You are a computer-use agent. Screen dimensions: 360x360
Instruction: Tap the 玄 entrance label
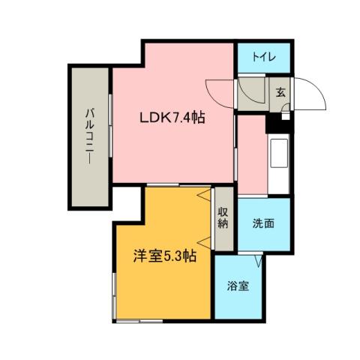tap(279, 92)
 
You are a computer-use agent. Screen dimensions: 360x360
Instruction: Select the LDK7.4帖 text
tap(172, 118)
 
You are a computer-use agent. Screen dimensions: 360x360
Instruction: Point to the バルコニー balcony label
tap(88, 136)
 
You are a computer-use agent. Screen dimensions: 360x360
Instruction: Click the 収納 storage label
tap(223, 217)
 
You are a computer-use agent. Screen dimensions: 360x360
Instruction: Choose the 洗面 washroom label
tap(262, 223)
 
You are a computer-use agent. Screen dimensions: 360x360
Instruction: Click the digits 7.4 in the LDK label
tap(183, 118)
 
